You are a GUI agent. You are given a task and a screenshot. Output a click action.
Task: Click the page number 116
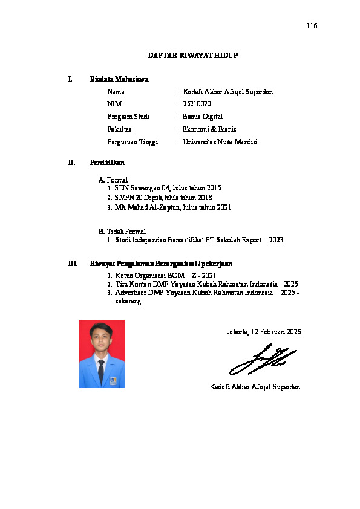[x=312, y=26]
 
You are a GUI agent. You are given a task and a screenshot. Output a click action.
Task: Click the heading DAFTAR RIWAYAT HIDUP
[x=193, y=56]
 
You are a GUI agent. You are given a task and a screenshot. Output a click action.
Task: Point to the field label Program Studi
[x=128, y=117]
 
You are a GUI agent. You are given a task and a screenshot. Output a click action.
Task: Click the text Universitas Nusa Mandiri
[x=220, y=142]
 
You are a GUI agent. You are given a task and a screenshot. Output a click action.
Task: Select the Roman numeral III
[x=73, y=264]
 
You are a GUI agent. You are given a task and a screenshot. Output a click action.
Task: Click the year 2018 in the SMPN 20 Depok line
[x=204, y=198]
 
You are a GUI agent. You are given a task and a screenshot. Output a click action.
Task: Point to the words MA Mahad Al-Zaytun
[x=142, y=207]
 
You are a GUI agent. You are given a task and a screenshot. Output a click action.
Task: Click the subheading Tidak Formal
[x=126, y=231]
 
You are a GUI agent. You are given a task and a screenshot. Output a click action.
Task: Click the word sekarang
[x=128, y=302]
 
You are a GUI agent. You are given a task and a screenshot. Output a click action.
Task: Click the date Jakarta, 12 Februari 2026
[x=264, y=332]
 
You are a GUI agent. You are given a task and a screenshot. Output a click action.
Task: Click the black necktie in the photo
[x=101, y=371]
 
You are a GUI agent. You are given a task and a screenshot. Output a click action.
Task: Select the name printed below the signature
[x=255, y=386]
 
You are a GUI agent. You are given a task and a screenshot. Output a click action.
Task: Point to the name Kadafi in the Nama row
[x=192, y=92]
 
